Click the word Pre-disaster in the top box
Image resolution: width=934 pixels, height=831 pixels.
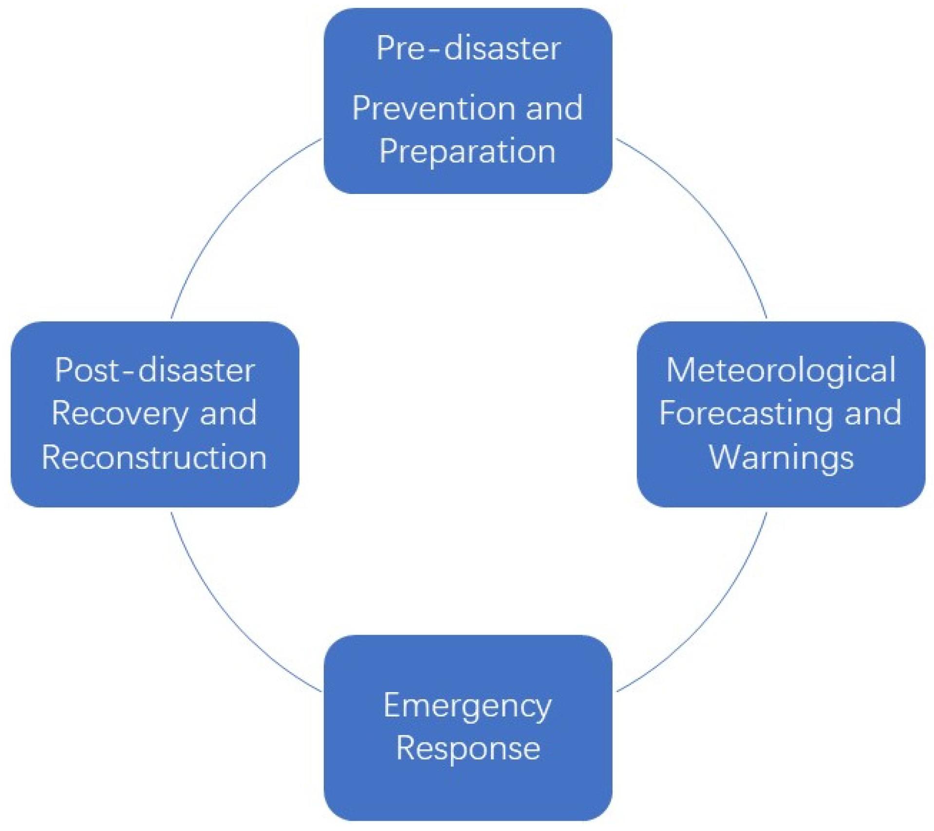click(x=468, y=48)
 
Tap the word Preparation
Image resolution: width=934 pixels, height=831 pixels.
click(x=467, y=152)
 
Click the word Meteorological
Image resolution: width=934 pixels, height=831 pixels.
click(x=781, y=370)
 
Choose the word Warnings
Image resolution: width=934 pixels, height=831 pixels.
click(x=781, y=457)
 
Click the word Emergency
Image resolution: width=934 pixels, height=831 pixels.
click(x=467, y=705)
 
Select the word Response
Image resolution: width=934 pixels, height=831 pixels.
click(x=467, y=748)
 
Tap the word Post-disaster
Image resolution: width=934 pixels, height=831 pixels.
click(x=155, y=370)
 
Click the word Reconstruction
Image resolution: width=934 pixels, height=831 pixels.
click(x=154, y=457)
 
